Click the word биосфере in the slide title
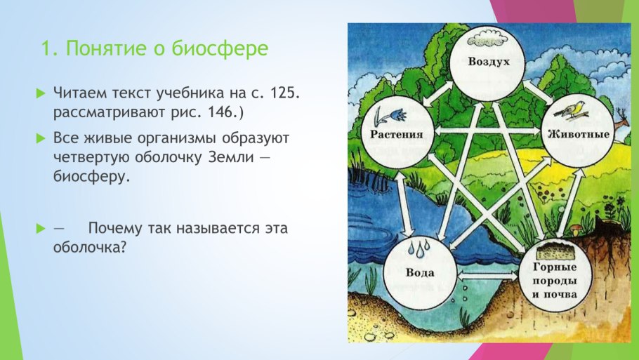click(220, 49)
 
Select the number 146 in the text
click(220, 112)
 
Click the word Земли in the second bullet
click(231, 157)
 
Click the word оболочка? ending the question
click(90, 247)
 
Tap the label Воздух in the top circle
click(489, 62)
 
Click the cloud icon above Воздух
click(488, 40)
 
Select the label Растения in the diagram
click(397, 135)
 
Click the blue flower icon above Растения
click(390, 116)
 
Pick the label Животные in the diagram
click(579, 134)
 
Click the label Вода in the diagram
click(420, 272)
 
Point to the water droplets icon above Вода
click(419, 248)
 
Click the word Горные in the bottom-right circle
click(555, 267)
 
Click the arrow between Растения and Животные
click(487, 131)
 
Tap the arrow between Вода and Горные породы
click(487, 276)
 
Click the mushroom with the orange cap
click(575, 230)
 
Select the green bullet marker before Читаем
click(41, 93)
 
